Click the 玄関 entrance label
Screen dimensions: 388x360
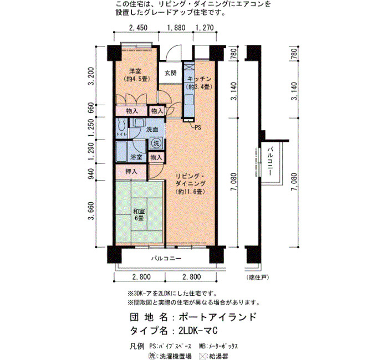tap(171, 73)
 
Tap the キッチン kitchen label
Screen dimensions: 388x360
tap(200, 79)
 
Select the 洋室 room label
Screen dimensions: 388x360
tap(135, 71)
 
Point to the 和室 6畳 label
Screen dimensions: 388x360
tap(139, 215)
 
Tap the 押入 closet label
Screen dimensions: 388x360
tap(131, 171)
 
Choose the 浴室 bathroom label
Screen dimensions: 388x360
tap(136, 157)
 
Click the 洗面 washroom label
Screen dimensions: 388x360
tap(152, 129)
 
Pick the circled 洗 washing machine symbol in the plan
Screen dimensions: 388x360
tap(156, 143)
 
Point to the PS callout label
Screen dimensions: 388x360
tap(198, 127)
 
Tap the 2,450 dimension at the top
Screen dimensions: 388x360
tap(138, 28)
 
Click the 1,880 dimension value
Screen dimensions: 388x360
tap(176, 28)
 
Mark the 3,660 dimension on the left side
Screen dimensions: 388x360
tap(91, 210)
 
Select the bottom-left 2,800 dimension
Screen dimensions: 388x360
tap(141, 277)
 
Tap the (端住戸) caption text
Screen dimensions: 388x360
tap(257, 277)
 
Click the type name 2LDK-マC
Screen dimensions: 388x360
tap(198, 331)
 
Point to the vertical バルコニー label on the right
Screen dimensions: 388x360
tap(270, 161)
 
